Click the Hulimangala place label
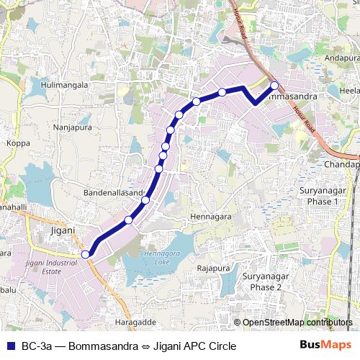click(65, 85)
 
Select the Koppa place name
click(18, 143)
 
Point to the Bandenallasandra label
click(114, 194)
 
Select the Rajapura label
click(212, 268)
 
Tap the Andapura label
click(341, 58)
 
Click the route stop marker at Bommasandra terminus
click(274, 86)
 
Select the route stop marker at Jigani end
click(85, 253)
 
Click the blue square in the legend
click(10, 346)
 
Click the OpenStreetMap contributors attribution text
click(297, 323)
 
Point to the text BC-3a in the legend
click(37, 346)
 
